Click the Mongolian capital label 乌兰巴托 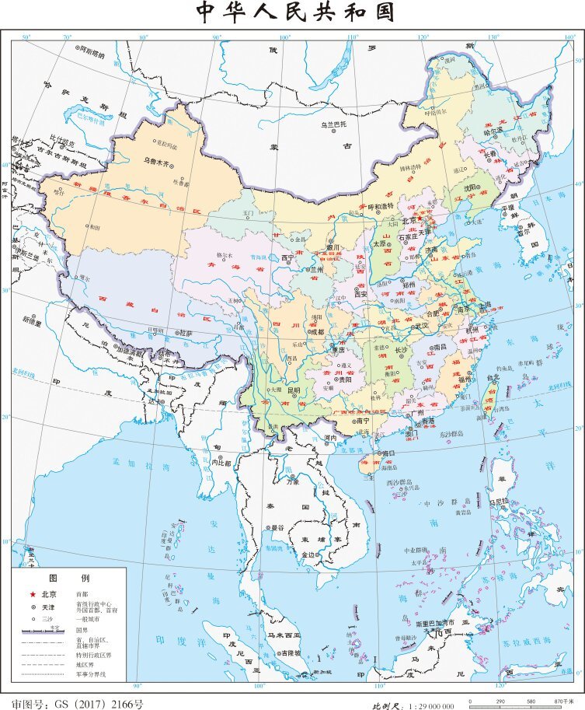click(x=334, y=124)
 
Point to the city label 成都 click(x=316, y=331)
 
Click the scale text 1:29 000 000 click(x=424, y=705)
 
